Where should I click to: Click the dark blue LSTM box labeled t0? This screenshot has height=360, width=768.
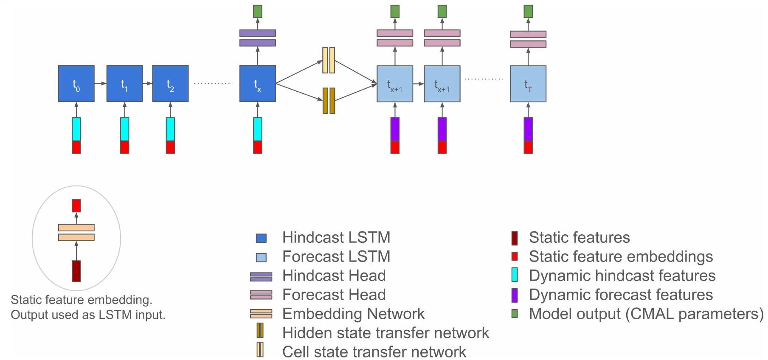[x=76, y=84]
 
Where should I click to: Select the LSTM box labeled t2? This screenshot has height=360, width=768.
[x=170, y=84]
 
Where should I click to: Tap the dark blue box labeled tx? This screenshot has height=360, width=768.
[x=258, y=84]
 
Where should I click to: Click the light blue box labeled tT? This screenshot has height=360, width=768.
[x=528, y=84]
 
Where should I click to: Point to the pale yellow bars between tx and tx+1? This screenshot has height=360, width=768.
[x=329, y=60]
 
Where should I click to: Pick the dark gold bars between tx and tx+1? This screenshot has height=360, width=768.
[x=329, y=101]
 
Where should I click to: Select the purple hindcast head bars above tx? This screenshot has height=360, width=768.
[x=258, y=38]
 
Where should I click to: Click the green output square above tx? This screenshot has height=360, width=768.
[x=258, y=11]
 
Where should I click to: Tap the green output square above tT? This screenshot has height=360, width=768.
[x=528, y=11]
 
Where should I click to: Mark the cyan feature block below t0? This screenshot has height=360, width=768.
[x=76, y=129]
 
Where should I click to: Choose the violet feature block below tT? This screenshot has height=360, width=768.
[x=528, y=129]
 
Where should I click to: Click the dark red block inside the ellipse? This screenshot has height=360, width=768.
[x=76, y=271]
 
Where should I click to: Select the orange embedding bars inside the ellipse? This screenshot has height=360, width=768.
[x=76, y=233]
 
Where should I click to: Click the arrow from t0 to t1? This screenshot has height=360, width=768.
[x=100, y=84]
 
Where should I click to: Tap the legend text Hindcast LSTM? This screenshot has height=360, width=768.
[x=336, y=237]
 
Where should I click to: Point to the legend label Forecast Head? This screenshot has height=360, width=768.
[x=334, y=295]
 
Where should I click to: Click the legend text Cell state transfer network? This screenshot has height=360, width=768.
[x=374, y=352]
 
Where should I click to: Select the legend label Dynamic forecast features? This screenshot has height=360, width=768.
[x=621, y=295]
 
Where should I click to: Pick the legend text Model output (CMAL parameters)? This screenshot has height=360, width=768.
[x=646, y=314]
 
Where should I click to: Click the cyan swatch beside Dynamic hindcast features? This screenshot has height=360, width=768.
[x=515, y=275]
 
